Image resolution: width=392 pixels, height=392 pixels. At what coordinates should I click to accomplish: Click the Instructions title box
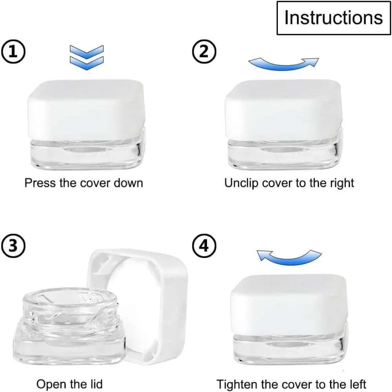pyautogui.click(x=334, y=18)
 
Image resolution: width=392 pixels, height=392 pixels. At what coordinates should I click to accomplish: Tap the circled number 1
pyautogui.click(x=13, y=52)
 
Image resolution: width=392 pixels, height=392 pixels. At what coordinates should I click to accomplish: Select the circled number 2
pyautogui.click(x=204, y=52)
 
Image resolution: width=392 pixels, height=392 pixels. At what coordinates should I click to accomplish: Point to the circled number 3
pyautogui.click(x=13, y=246)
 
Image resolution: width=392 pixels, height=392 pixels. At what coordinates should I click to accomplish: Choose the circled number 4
pyautogui.click(x=204, y=246)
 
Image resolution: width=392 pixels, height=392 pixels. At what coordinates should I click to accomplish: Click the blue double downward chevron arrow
pyautogui.click(x=87, y=58)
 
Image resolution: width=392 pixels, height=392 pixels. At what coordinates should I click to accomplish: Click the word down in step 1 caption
pyautogui.click(x=128, y=183)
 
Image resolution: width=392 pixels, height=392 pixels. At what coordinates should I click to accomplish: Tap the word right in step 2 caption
pyautogui.click(x=342, y=183)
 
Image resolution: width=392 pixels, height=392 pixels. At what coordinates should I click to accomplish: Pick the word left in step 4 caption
pyautogui.click(x=357, y=384)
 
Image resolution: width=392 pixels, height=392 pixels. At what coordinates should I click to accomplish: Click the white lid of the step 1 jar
pyautogui.click(x=86, y=110)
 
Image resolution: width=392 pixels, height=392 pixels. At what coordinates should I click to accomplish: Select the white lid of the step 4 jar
pyautogui.click(x=289, y=305)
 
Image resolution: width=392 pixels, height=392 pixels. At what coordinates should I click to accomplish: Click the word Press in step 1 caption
pyautogui.click(x=40, y=183)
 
